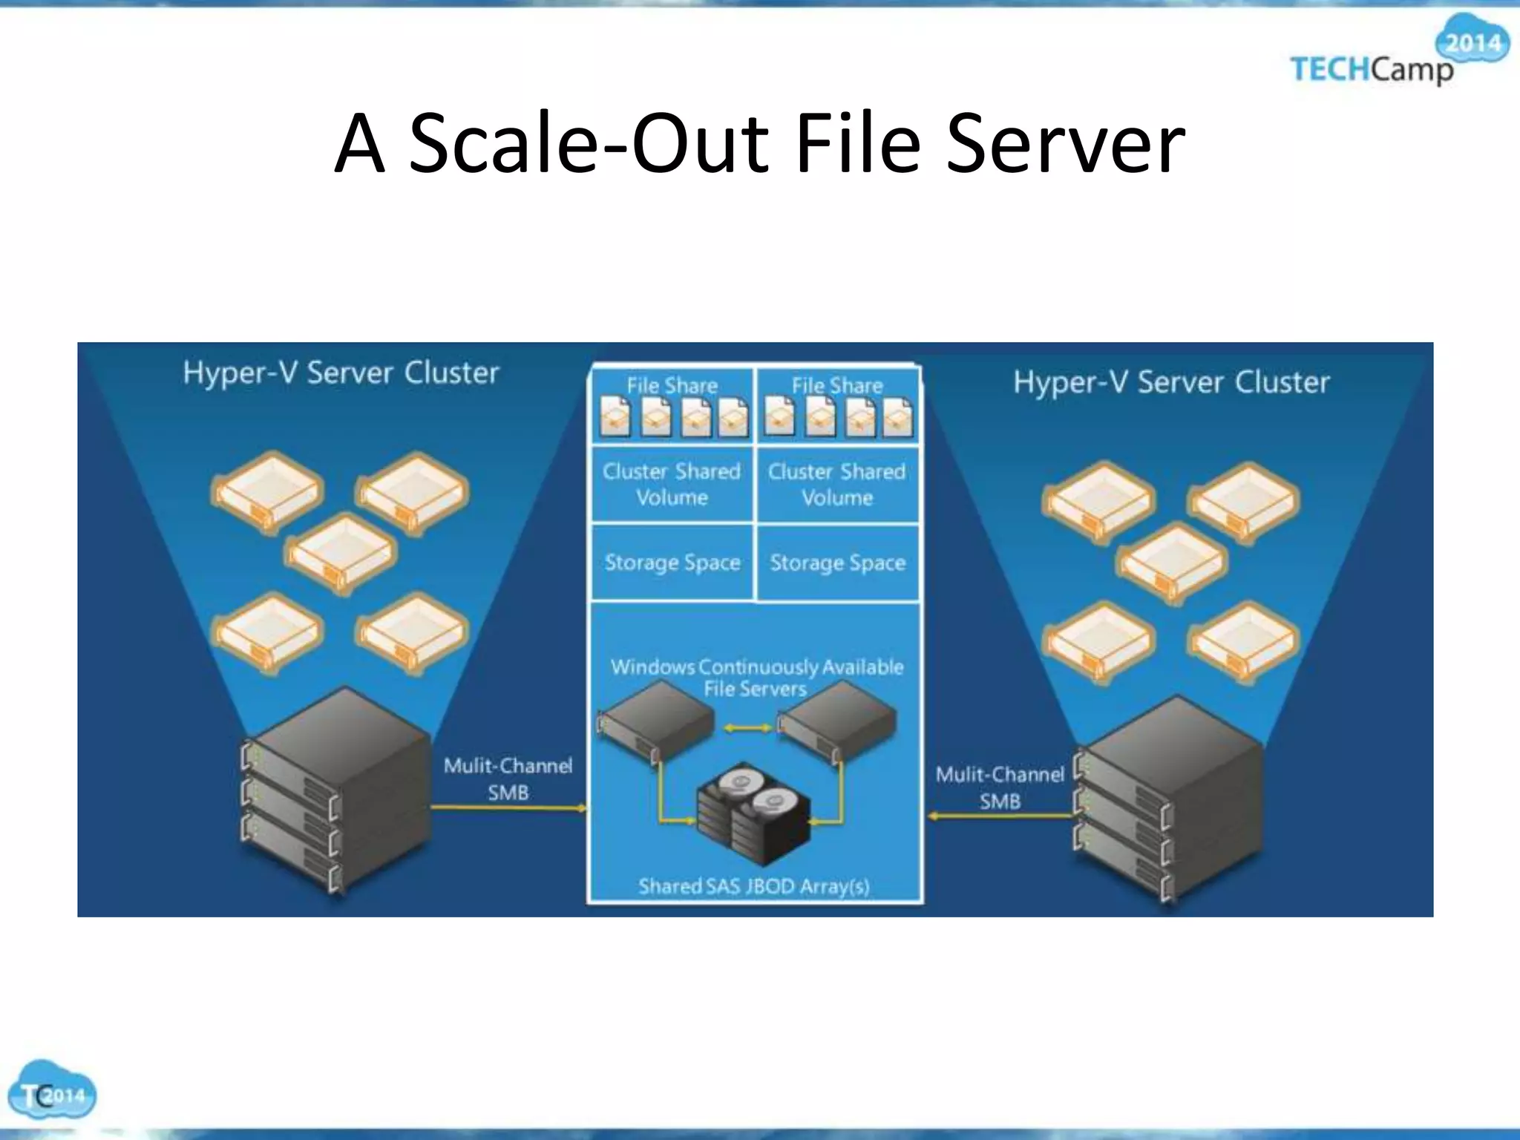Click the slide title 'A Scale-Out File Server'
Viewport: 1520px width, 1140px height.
click(759, 142)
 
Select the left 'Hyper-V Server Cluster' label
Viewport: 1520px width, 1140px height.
click(341, 373)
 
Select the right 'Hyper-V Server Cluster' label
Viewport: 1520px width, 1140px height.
click(1171, 382)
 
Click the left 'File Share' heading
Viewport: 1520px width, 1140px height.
click(672, 386)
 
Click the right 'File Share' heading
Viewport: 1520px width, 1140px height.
click(837, 386)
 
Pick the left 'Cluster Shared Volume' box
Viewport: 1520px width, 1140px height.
click(672, 484)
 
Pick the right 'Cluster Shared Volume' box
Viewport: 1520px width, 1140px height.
click(837, 484)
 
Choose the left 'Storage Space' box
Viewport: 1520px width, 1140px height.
click(672, 563)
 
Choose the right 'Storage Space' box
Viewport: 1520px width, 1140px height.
click(838, 563)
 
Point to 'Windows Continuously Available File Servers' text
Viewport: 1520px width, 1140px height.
click(756, 677)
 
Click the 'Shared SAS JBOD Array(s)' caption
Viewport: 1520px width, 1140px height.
click(754, 886)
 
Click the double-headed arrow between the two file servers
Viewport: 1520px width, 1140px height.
click(747, 728)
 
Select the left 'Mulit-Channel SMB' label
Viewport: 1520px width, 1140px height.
click(508, 779)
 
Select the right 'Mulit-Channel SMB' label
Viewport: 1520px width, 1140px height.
click(1000, 787)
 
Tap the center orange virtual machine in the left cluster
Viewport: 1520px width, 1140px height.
click(341, 553)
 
